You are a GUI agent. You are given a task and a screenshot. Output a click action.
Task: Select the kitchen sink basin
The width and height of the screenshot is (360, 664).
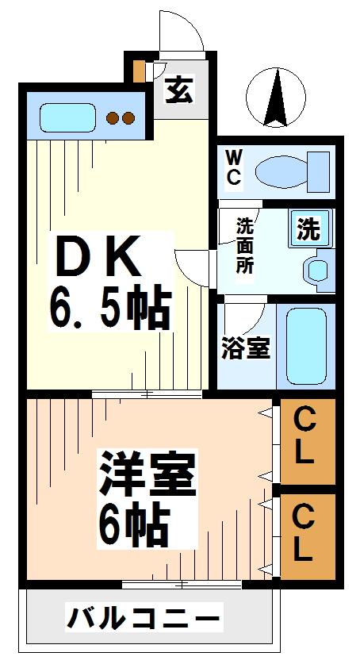67,117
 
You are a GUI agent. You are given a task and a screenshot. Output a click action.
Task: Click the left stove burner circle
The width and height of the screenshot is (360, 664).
113,117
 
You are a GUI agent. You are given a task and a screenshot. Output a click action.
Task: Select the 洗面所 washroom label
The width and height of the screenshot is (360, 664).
244,245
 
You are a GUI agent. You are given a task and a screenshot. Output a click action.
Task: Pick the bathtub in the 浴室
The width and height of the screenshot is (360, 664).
306,346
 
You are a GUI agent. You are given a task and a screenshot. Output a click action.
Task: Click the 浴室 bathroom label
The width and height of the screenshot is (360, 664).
246,348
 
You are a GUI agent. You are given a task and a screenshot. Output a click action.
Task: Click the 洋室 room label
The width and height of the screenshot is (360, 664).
147,474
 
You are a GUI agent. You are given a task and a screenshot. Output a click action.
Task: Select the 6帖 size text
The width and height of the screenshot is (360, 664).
134,524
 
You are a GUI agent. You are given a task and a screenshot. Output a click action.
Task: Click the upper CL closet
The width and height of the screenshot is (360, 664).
308,441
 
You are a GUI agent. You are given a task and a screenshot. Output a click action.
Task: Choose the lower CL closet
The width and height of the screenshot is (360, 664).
308,536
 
